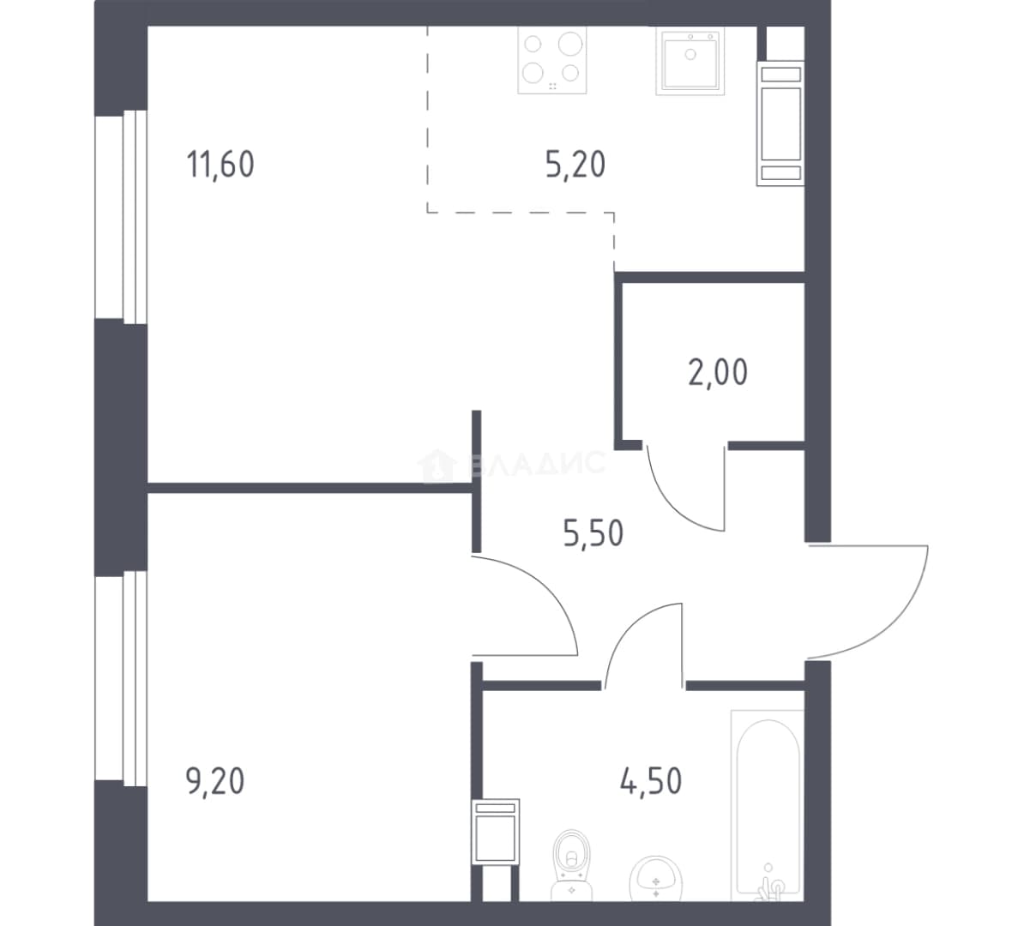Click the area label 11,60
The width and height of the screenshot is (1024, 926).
pos(220,164)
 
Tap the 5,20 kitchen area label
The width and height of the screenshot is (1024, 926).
pos(575,164)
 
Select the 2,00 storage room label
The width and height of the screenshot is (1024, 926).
pos(718,373)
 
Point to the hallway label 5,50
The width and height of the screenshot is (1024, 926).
pos(593,532)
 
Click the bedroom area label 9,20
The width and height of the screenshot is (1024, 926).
pos(215,781)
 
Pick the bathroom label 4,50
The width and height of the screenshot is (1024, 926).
pos(650,781)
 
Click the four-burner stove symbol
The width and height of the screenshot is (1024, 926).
pos(551,60)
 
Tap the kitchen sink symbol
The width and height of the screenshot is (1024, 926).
pos(690,61)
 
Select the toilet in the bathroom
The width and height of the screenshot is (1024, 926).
pos(571,865)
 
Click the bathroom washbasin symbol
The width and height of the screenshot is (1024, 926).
pos(656,879)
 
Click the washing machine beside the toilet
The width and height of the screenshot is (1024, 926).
pos(496,832)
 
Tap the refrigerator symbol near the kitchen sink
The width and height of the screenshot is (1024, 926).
pos(780,123)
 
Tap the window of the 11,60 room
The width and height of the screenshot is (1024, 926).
pos(122,217)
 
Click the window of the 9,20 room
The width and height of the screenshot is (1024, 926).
pos(122,678)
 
